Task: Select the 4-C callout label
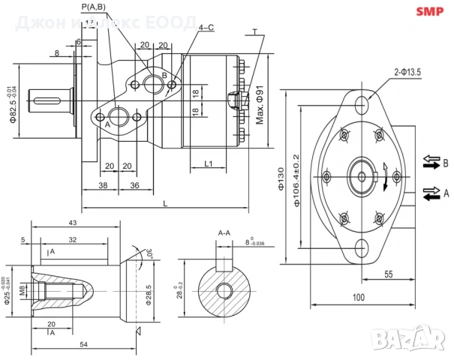(x=206, y=27)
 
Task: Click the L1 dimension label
(x=209, y=163)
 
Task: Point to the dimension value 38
(x=102, y=184)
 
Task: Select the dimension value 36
(x=135, y=184)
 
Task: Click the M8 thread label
(x=23, y=289)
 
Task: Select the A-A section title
(x=224, y=233)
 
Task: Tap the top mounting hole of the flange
(x=362, y=103)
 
